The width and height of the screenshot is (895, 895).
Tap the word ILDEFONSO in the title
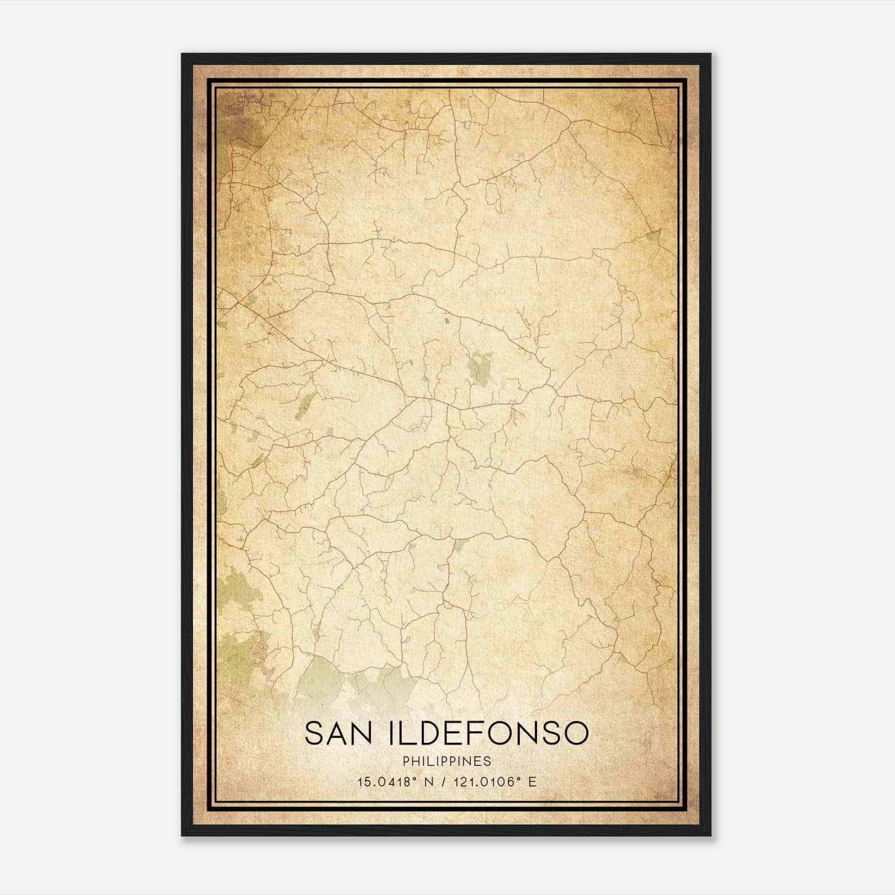coord(487,733)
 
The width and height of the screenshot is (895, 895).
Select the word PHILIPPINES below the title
coord(447,761)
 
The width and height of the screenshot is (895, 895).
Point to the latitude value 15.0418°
coord(388,782)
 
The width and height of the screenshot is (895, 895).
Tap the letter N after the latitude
coord(429,782)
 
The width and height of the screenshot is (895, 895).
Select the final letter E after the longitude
coord(532,782)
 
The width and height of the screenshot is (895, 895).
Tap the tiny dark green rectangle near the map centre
coord(446,321)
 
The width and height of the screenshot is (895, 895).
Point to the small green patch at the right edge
coord(653,235)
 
